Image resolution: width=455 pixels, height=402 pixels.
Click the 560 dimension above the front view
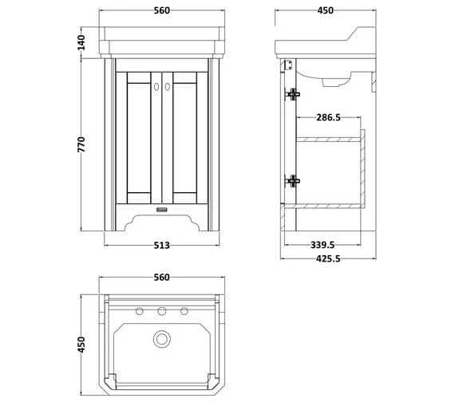click(x=162, y=11)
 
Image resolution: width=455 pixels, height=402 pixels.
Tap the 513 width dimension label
click(x=162, y=245)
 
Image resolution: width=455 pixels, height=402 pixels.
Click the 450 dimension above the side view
click(x=326, y=11)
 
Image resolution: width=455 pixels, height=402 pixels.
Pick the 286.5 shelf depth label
click(x=327, y=117)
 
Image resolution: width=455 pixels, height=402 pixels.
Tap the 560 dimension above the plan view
click(x=162, y=278)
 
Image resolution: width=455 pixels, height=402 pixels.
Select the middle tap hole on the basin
click(x=162, y=311)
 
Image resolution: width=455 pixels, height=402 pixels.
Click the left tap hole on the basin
click(x=140, y=311)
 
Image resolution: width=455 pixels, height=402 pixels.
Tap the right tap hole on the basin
click(x=184, y=311)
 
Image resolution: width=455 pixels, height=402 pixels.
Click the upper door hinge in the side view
click(x=292, y=94)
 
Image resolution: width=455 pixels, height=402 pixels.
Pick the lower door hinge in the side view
click(x=292, y=181)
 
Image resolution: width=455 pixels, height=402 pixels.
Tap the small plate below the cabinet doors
click(x=162, y=210)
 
